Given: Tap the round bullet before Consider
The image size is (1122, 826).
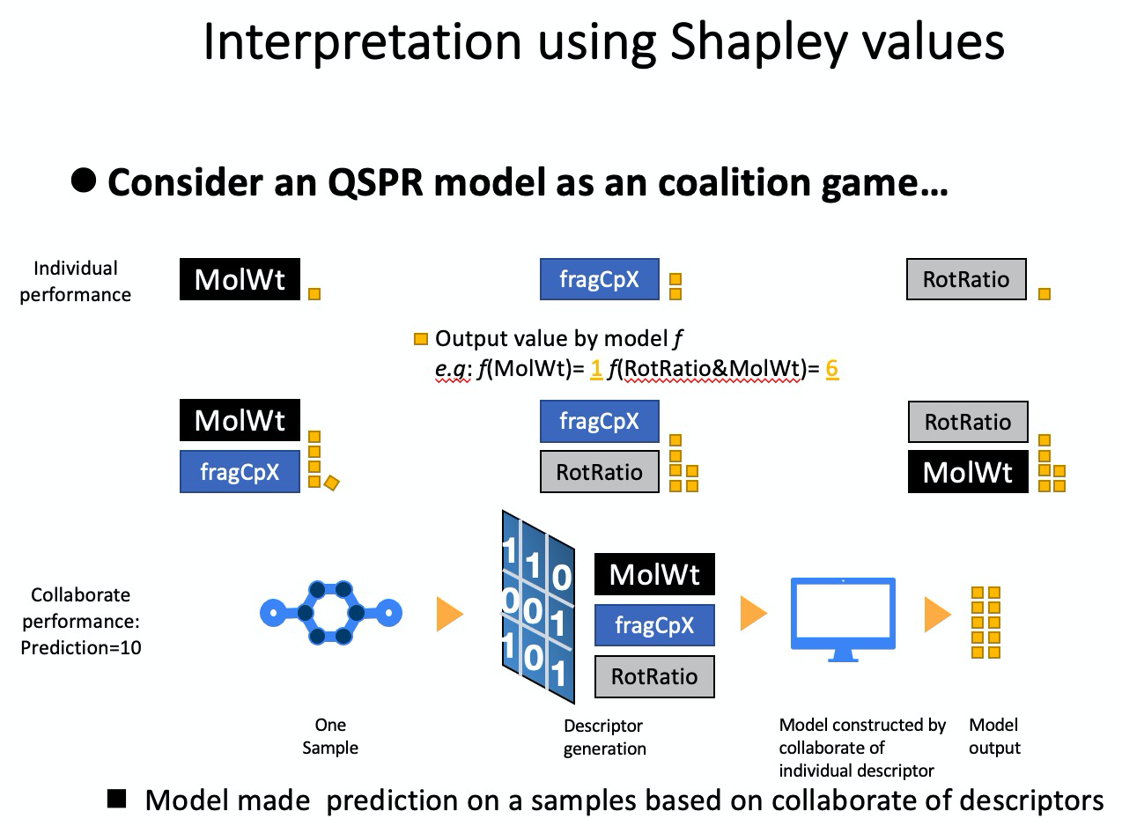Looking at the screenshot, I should pyautogui.click(x=84, y=181).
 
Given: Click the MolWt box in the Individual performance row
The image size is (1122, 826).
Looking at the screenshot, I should pyautogui.click(x=240, y=279).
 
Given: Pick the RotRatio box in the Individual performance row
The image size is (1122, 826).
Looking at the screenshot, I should pyautogui.click(x=966, y=279).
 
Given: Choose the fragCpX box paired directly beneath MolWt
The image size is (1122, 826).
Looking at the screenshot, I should pyautogui.click(x=240, y=471).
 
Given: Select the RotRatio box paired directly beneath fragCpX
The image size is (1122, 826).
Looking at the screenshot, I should pyautogui.click(x=599, y=471).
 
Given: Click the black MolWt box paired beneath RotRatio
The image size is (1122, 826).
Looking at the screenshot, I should pyautogui.click(x=968, y=471).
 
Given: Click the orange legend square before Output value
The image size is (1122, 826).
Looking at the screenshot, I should pyautogui.click(x=421, y=339).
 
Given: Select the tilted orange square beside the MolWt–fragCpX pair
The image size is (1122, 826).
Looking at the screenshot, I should pyautogui.click(x=331, y=483).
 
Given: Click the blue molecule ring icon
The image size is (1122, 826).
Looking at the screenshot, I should pyautogui.click(x=331, y=612).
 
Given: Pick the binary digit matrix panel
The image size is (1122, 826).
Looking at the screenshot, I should pyautogui.click(x=538, y=607).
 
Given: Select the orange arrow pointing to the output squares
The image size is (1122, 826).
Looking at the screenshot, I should pyautogui.click(x=937, y=614).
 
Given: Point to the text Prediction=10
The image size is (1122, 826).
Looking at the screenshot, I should pyautogui.click(x=81, y=647).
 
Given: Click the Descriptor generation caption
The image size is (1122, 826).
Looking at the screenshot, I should pyautogui.click(x=604, y=737).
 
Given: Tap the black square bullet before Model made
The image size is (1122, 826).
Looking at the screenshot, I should pyautogui.click(x=116, y=799).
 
